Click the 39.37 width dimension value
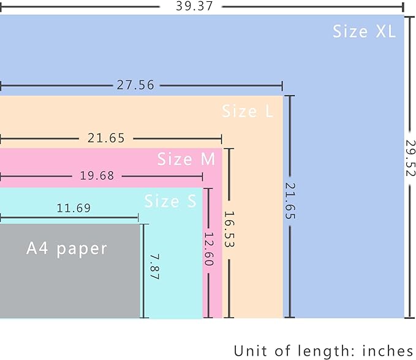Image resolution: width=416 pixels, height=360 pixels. [194, 6]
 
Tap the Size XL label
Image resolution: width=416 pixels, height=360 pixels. [364, 31]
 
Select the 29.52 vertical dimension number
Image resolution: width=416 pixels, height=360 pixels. [410, 158]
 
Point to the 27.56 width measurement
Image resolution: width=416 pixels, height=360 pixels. [135, 85]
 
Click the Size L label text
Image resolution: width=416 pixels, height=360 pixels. [248, 111]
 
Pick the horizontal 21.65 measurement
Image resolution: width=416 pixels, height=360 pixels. [106, 138]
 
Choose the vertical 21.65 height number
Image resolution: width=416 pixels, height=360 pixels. [290, 201]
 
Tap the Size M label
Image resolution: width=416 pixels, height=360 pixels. [186, 159]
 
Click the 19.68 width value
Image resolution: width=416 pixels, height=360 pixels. [97, 176]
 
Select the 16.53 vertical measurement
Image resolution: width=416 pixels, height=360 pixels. [229, 229]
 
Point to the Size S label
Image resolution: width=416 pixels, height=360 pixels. [170, 201]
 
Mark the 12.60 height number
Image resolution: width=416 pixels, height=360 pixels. [209, 249]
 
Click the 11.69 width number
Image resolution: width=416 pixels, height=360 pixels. [74, 208]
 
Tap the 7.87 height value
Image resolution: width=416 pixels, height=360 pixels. [154, 267]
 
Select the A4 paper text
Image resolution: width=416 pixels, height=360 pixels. [67, 249]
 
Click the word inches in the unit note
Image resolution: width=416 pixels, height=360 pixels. [388, 351]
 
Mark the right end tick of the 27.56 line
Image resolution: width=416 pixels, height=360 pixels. [282, 86]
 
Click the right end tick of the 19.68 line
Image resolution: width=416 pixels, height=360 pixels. [203, 176]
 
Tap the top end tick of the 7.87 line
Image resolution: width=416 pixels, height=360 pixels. [144, 224]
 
